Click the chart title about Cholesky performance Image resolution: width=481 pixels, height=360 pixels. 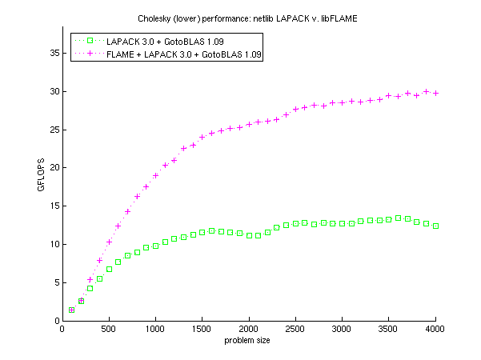pyautogui.click(x=248, y=18)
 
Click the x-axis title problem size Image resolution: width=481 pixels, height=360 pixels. pyautogui.click(x=248, y=341)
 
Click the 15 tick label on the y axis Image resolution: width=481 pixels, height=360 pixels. pyautogui.click(x=53, y=206)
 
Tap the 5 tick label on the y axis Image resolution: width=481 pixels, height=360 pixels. pyautogui.click(x=55, y=282)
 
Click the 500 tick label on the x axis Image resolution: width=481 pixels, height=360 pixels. pyautogui.click(x=109, y=329)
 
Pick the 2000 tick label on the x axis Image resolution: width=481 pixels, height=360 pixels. pyautogui.click(x=249, y=329)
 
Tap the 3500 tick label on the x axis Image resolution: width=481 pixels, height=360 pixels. pyautogui.click(x=389, y=329)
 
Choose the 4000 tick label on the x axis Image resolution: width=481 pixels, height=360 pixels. pyautogui.click(x=435, y=329)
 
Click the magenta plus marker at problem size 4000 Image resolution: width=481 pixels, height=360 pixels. pyautogui.click(x=435, y=93)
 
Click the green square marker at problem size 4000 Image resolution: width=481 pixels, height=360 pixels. pyautogui.click(x=435, y=226)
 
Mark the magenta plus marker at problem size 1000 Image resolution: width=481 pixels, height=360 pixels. pyautogui.click(x=156, y=175)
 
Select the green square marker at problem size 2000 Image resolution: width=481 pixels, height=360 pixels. pyautogui.click(x=249, y=235)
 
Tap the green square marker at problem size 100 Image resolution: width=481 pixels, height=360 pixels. pyautogui.click(x=72, y=310)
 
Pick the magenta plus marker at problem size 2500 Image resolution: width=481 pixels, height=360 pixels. pyautogui.click(x=295, y=110)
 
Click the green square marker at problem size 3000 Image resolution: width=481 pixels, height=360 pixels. pyautogui.click(x=343, y=224)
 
